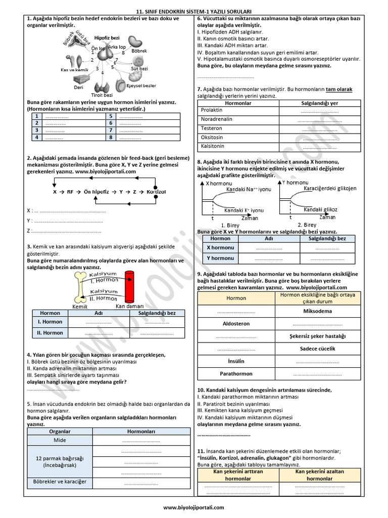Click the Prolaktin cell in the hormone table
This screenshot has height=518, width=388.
click(x=212, y=110)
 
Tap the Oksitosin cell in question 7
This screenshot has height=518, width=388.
click(x=212, y=138)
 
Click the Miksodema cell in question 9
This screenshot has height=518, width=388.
click(x=317, y=311)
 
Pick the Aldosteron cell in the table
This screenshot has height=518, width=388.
click(x=236, y=323)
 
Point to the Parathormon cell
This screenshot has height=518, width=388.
click(x=236, y=374)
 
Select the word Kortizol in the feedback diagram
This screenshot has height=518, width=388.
click(x=156, y=192)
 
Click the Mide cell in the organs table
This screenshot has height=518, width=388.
click(x=60, y=440)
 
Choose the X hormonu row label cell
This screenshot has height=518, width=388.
click(x=220, y=247)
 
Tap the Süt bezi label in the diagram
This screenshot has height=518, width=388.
click(x=139, y=68)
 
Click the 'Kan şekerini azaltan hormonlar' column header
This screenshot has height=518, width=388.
click(x=319, y=474)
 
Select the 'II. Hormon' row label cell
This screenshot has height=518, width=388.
click(x=50, y=333)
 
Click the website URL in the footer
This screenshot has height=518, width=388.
click(x=194, y=508)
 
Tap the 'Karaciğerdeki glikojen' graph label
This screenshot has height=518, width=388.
click(x=330, y=188)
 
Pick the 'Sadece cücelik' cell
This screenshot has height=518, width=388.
click(x=317, y=349)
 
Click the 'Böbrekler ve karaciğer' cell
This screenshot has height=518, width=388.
click(x=60, y=482)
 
